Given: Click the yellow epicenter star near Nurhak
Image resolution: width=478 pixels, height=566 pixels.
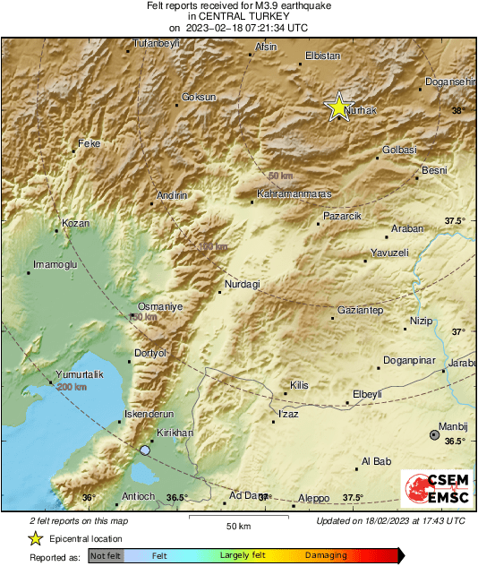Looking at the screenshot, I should click(x=338, y=107).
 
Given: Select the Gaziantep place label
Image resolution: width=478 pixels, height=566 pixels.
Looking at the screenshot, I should click(x=361, y=310).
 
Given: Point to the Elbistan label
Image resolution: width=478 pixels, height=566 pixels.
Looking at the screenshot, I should click(x=323, y=56).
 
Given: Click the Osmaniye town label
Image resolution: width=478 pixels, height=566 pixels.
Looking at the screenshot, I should click(x=160, y=306).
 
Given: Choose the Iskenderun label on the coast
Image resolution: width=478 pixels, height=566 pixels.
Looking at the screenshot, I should click(x=149, y=414).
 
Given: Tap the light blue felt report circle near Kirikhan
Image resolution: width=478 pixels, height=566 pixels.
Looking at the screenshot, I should click(x=145, y=450).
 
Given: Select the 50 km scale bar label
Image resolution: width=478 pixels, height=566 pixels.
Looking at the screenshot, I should click(x=237, y=525).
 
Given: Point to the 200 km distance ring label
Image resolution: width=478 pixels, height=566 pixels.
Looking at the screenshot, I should click(x=72, y=387).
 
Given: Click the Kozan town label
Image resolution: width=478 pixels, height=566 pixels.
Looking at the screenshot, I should click(x=75, y=222).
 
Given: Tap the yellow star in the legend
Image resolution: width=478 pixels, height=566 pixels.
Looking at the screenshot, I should click(x=35, y=538).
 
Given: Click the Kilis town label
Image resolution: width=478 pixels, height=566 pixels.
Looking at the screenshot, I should click(x=299, y=385).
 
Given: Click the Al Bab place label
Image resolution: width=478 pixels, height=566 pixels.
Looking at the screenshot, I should click(x=376, y=462).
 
